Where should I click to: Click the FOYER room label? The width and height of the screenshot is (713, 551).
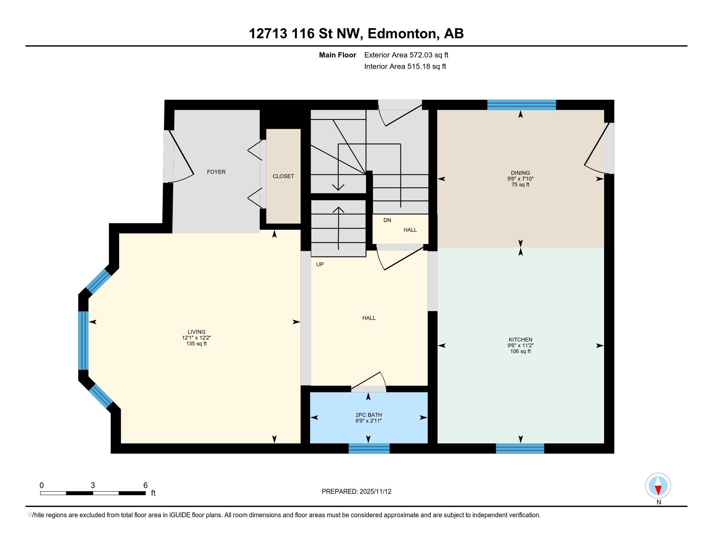(216, 172)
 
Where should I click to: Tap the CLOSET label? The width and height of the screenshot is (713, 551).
(283, 176)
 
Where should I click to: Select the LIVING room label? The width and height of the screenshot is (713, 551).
(196, 332)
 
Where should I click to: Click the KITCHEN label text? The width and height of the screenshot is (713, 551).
(520, 339)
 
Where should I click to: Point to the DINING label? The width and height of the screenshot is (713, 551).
(520, 173)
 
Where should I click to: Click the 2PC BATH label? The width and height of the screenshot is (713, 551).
(368, 415)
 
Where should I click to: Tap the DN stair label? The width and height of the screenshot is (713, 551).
(387, 220)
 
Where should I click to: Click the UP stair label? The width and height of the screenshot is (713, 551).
(320, 264)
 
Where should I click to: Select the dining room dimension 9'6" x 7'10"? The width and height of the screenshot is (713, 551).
(520, 179)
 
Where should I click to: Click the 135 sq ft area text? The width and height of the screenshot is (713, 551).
(196, 343)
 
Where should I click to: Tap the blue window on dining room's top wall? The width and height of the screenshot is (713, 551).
(521, 105)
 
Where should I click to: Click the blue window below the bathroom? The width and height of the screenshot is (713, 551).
(369, 448)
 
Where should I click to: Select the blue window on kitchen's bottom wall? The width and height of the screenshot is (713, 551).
(520, 448)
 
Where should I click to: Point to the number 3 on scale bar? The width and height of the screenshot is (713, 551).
(93, 485)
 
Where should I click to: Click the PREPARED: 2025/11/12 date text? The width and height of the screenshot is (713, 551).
(356, 491)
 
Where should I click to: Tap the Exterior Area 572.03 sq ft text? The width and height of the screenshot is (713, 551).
(406, 55)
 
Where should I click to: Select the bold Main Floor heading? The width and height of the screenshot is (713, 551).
(337, 55)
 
